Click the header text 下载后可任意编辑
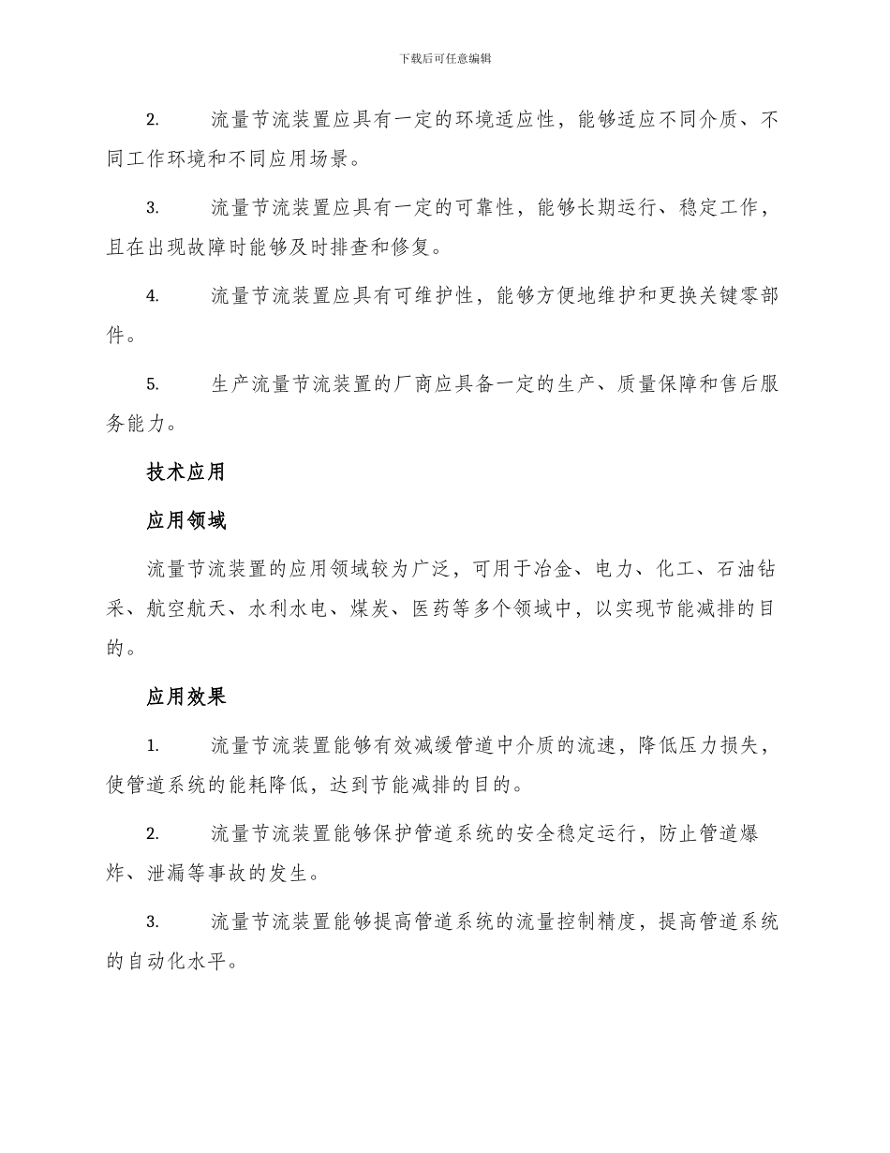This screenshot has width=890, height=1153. (x=445, y=58)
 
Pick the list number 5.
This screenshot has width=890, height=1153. (x=153, y=384)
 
